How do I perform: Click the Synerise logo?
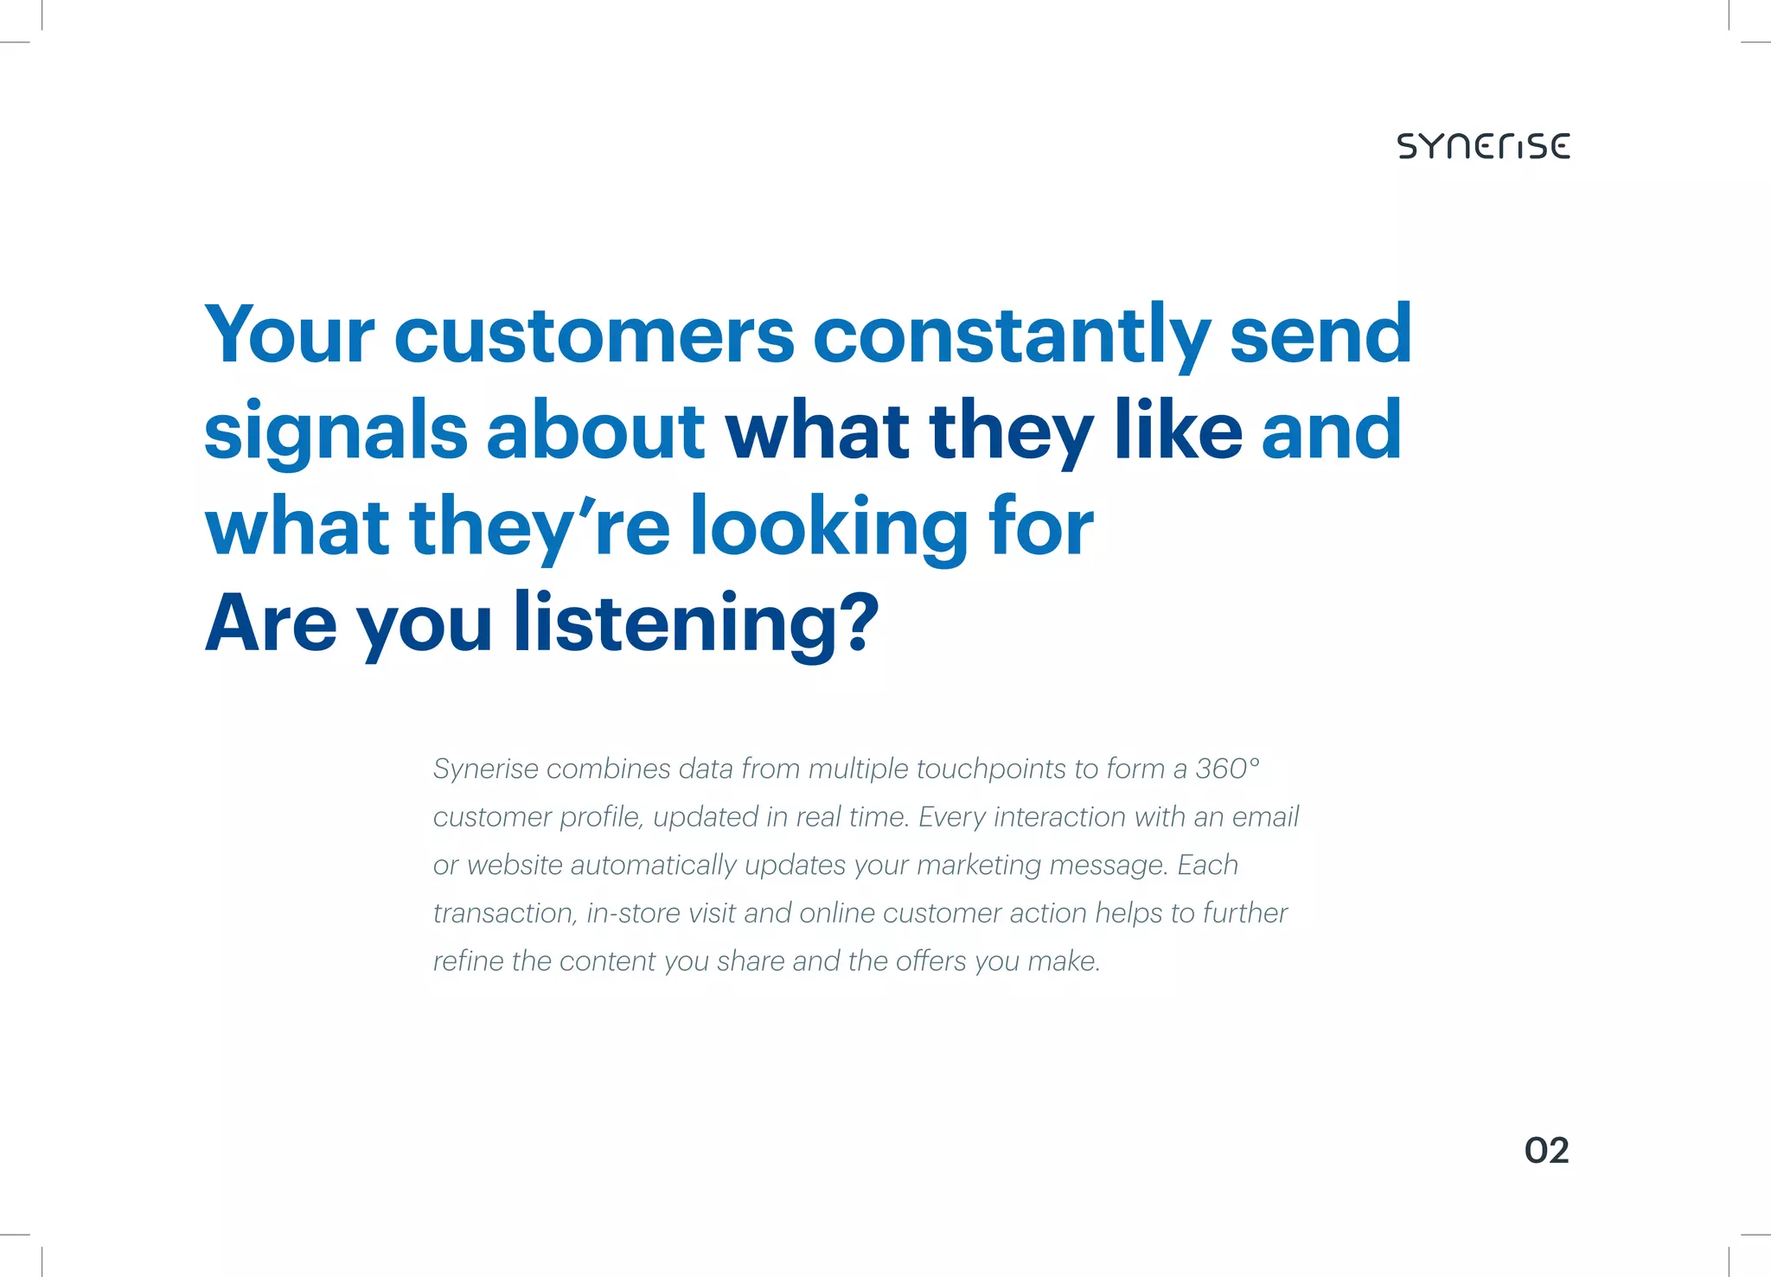point(1483,146)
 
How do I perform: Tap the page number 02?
point(1546,1151)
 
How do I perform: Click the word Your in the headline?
point(290,335)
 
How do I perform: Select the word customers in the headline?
point(594,336)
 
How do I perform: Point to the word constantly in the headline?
point(1011,335)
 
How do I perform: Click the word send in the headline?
point(1320,335)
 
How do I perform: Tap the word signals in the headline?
point(336,432)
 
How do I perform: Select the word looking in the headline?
point(828,527)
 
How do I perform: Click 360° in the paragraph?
point(1227,769)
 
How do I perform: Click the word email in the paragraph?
point(1265,817)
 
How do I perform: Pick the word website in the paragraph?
point(515,865)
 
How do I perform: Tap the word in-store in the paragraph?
point(633,913)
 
